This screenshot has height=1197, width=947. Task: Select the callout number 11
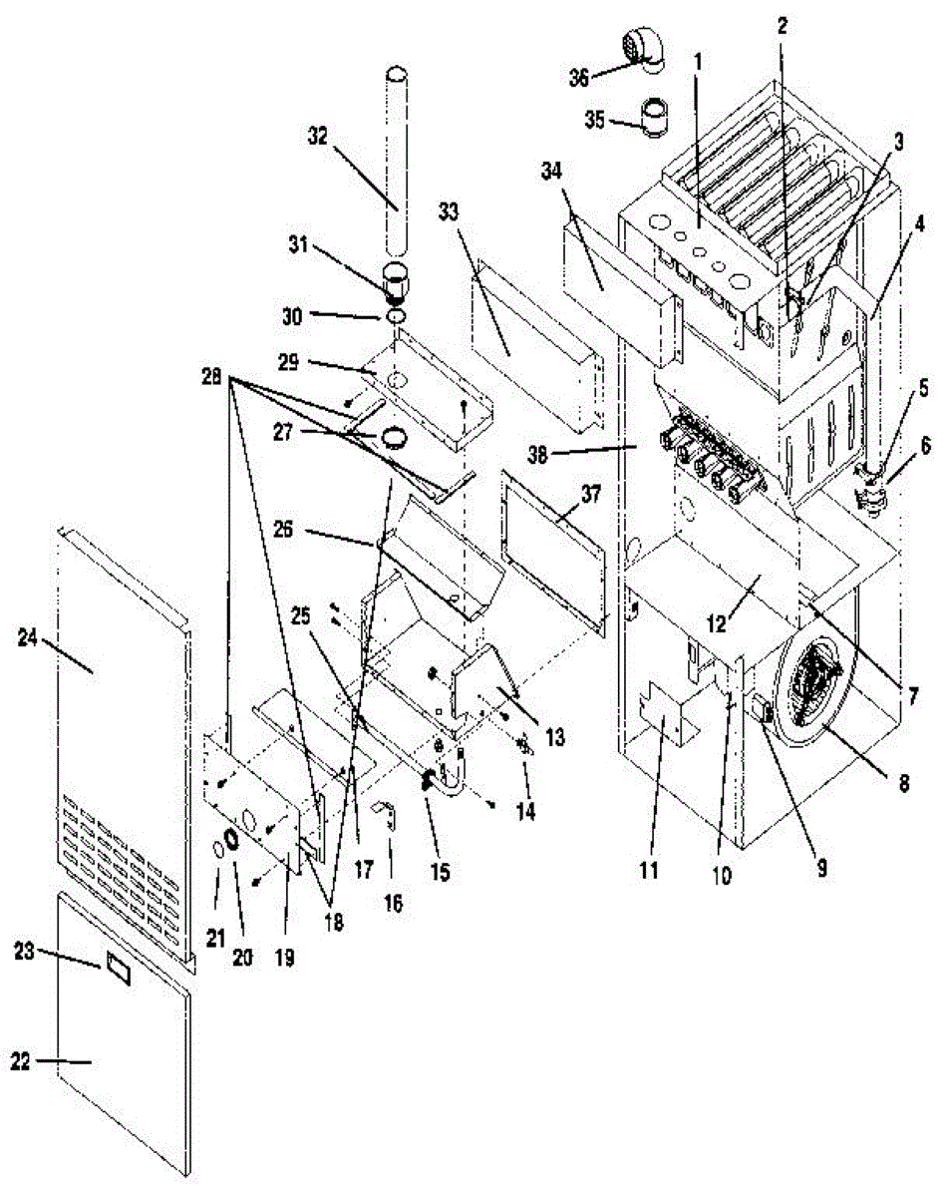(x=649, y=872)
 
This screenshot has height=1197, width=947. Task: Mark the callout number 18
(x=333, y=923)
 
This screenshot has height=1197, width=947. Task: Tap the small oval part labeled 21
(x=217, y=850)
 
